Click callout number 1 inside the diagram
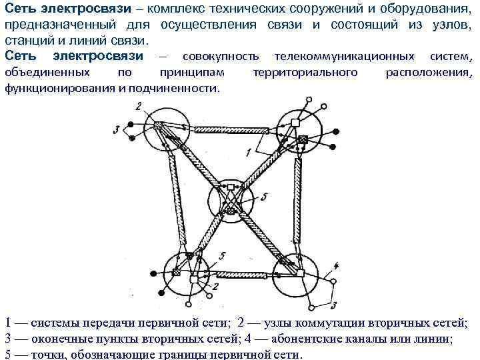coord(249,153)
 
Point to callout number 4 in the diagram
coord(336,265)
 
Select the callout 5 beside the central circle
coord(264,197)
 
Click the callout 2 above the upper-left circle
coord(138,105)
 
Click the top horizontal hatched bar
coord(226,131)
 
